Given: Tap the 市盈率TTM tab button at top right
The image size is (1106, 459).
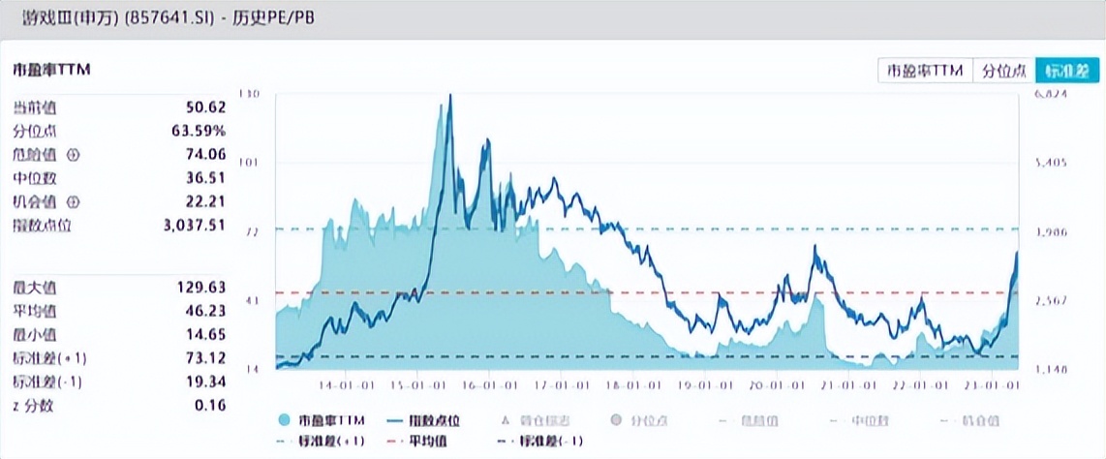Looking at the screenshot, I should coord(924,71).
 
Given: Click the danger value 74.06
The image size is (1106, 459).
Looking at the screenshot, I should coord(206,155).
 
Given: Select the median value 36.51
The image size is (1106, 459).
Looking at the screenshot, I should coord(206,178).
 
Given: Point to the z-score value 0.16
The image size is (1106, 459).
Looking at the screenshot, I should coord(211,406).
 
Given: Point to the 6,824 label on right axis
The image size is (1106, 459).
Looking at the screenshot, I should coord(1051,95).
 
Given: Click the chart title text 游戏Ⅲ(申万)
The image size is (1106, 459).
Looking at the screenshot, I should coord(66,18).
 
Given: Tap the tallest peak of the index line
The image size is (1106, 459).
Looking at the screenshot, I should coord(449,96).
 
